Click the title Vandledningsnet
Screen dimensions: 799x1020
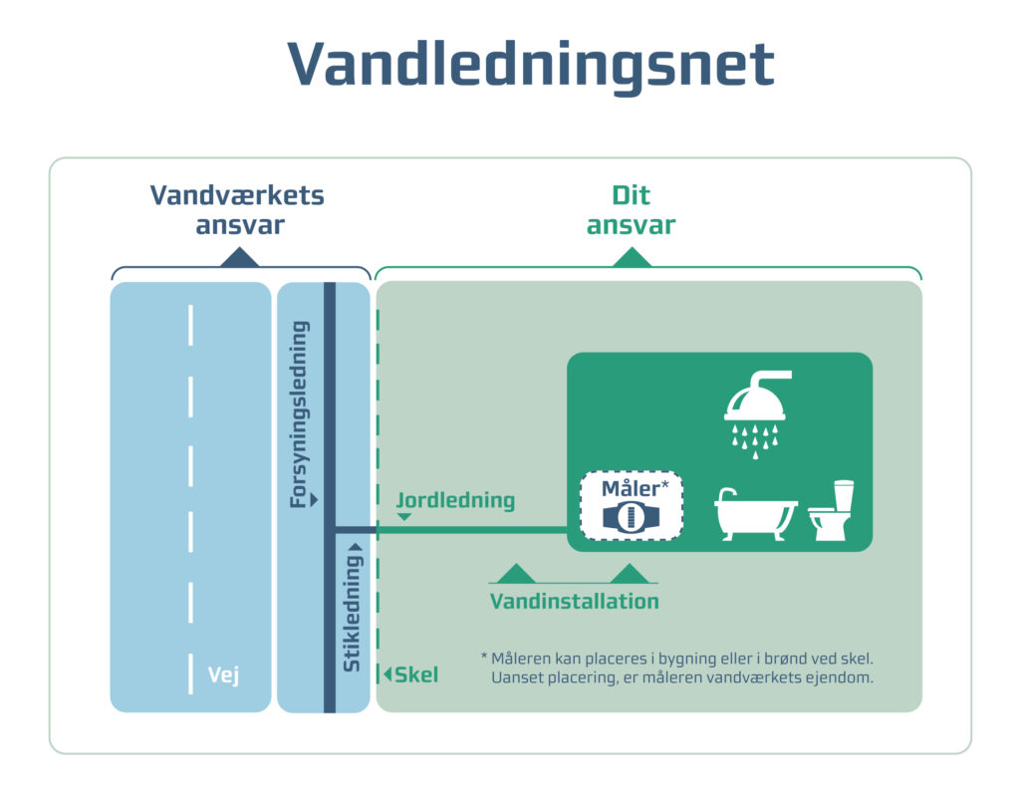(x=530, y=66)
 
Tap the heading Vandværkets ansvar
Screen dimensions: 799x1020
(x=238, y=209)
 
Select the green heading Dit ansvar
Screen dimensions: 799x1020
(x=631, y=209)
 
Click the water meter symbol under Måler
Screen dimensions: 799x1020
(x=631, y=517)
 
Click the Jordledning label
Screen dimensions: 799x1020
(x=455, y=500)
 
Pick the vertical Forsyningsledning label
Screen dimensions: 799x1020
(x=299, y=412)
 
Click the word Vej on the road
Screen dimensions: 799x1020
(x=223, y=675)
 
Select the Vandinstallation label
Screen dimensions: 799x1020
(x=574, y=602)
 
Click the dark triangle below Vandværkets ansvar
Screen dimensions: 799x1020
(x=239, y=258)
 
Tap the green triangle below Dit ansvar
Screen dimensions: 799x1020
(x=631, y=258)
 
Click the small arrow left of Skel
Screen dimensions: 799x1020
(x=387, y=674)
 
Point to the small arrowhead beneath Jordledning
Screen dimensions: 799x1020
(x=404, y=517)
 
